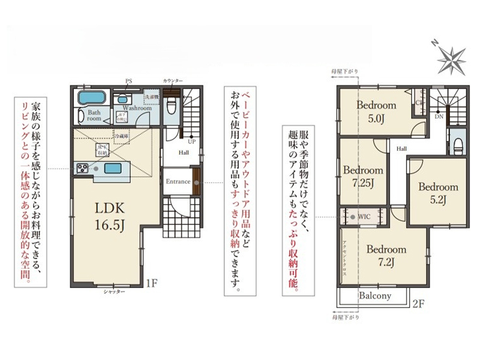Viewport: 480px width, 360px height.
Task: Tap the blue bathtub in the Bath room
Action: pyautogui.click(x=92, y=97)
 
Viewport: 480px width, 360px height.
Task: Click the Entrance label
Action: pyautogui.click(x=178, y=182)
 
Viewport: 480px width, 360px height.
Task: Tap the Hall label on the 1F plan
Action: pyautogui.click(x=184, y=152)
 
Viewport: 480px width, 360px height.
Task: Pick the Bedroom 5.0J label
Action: pyautogui.click(x=376, y=111)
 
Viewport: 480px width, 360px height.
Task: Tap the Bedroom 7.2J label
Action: pyautogui.click(x=387, y=254)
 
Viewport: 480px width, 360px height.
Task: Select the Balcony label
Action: pyautogui.click(x=375, y=296)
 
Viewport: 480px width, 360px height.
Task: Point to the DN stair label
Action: pyautogui.click(x=440, y=116)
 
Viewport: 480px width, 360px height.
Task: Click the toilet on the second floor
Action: pyautogui.click(x=458, y=145)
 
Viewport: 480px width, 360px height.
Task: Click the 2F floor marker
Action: pyautogui.click(x=418, y=304)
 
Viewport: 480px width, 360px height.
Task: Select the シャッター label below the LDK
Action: pyautogui.click(x=114, y=291)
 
